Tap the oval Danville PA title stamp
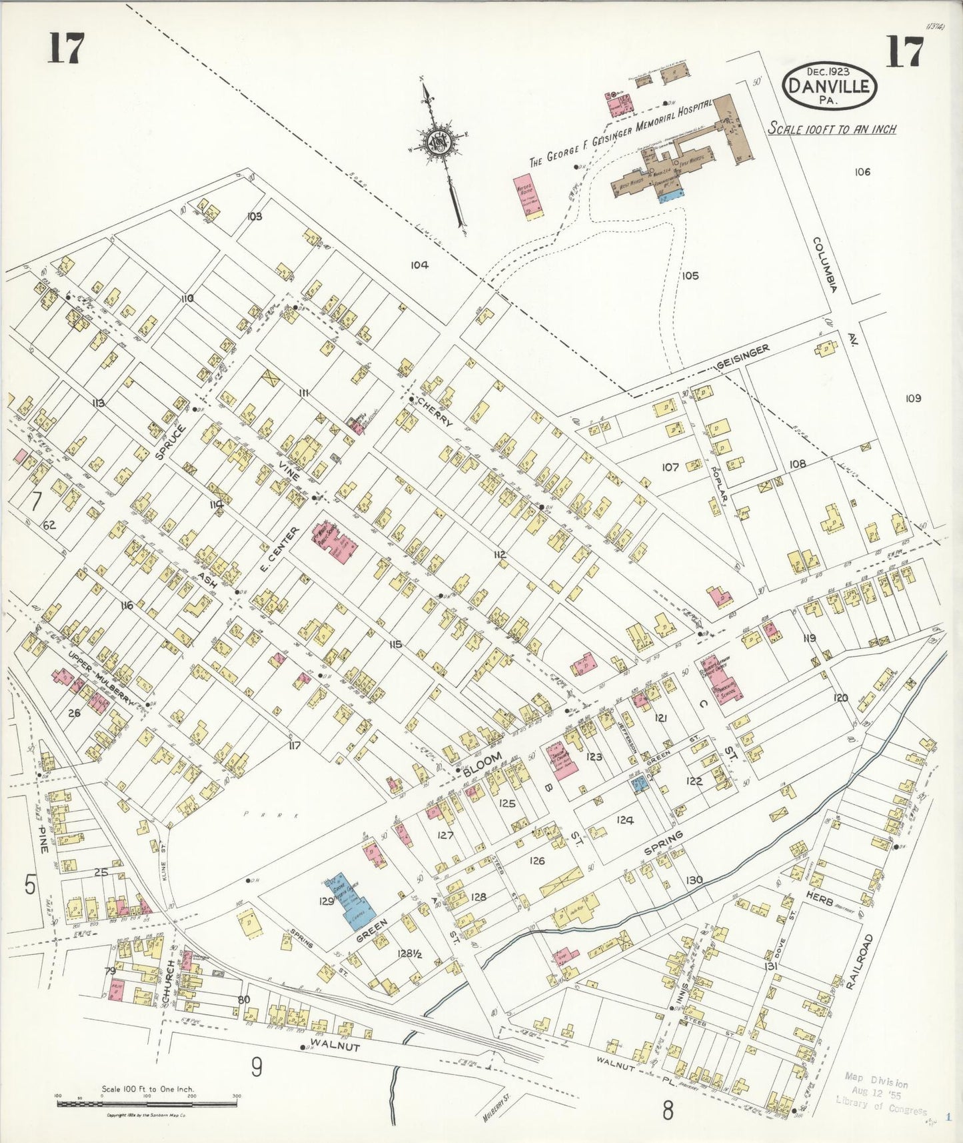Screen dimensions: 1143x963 point(830,85)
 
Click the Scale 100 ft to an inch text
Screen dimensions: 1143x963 point(832,129)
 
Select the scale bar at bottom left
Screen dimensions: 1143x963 point(147,1104)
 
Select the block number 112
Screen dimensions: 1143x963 point(500,555)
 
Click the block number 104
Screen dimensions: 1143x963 point(419,265)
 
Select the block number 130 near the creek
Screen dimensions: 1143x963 point(694,880)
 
